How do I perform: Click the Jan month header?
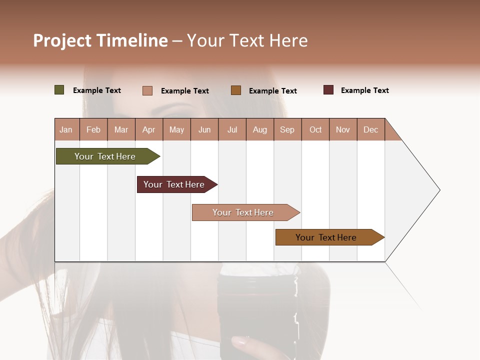(66, 129)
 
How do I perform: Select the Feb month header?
(93, 129)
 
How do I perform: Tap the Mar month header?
(121, 129)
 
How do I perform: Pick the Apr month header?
(149, 129)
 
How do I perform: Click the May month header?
(176, 129)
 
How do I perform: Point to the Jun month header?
(204, 129)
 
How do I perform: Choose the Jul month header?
(232, 129)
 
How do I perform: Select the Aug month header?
(260, 129)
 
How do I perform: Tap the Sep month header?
(287, 129)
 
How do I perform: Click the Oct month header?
(315, 129)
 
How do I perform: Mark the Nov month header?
(343, 129)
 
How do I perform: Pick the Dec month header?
(371, 129)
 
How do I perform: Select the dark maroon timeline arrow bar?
(175, 184)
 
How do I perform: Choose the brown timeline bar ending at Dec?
(328, 237)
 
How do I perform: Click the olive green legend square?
(59, 90)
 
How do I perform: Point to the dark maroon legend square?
(328, 90)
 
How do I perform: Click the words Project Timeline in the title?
(100, 40)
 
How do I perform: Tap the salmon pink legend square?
(147, 90)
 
